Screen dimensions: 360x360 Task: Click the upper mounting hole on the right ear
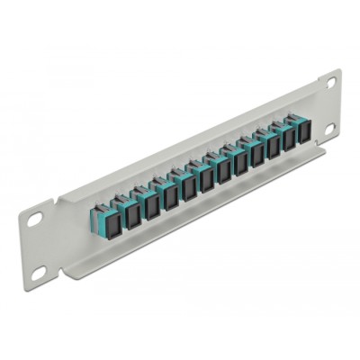tap(331, 83)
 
